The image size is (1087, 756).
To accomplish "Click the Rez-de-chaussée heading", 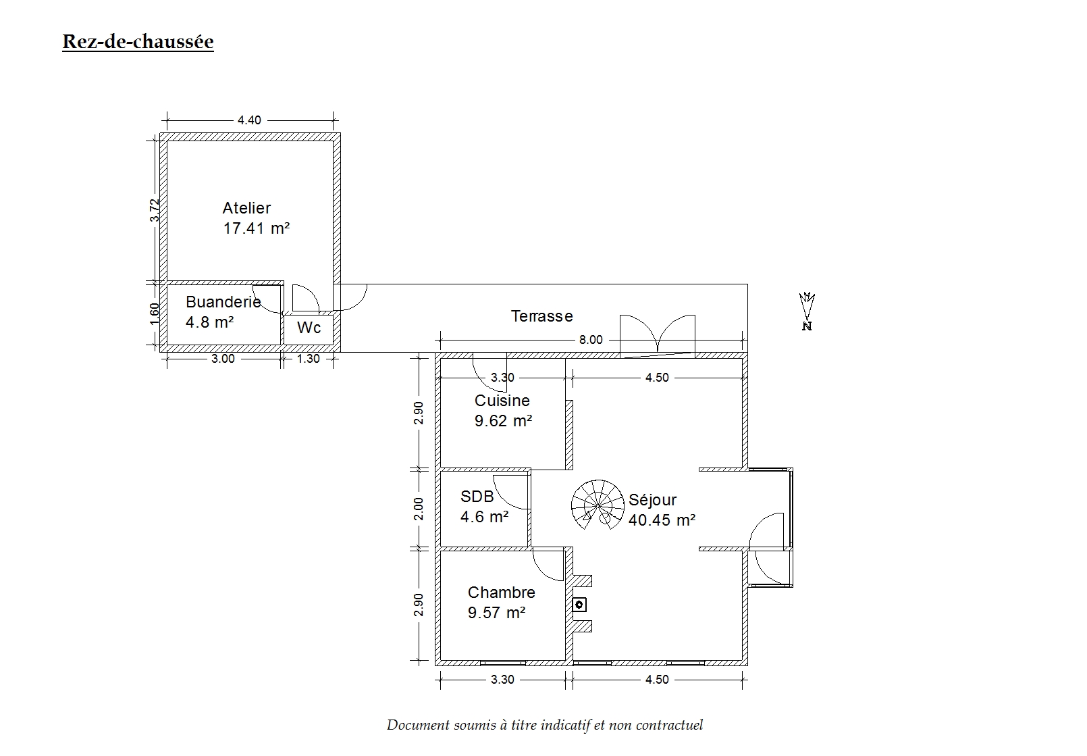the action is point(138,42).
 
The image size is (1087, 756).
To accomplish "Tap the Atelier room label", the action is point(246,208).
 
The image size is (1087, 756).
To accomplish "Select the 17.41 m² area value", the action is point(257,228).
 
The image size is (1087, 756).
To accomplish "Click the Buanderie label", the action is point(223,302).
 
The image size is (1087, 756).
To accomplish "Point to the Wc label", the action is point(309,328).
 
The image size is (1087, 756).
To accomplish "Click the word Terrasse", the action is point(542,316).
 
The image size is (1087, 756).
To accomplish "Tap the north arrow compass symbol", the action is point(807,311).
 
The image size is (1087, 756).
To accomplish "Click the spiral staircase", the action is point(598,505).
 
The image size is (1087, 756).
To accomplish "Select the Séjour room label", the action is point(653,500).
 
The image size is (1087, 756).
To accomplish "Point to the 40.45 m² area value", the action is point(662,520).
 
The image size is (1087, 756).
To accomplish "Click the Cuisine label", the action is point(502,401).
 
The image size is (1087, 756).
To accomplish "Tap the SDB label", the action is point(477,497).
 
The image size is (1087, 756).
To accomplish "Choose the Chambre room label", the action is point(501,593).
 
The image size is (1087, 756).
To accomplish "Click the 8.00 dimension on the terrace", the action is point(591,340).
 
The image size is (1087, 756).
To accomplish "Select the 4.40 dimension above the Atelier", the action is point(249,120).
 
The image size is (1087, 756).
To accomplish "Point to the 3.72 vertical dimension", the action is point(155,210).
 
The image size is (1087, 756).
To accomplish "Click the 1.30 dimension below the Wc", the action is point(308,359).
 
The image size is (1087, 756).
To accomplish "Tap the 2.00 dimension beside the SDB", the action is point(419,509).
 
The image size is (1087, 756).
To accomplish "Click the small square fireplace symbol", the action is point(579,605).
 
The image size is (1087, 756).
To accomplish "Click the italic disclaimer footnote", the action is point(544,725).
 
